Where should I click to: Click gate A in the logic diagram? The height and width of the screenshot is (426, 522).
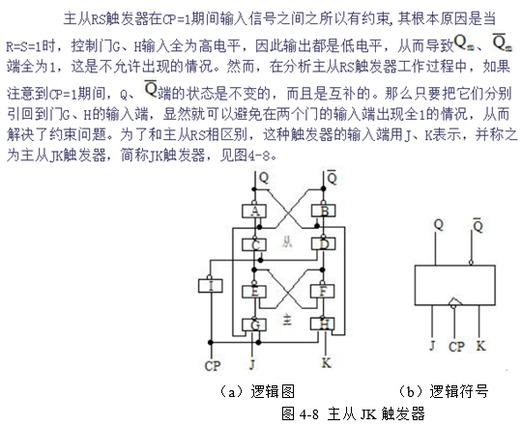pos(254,211)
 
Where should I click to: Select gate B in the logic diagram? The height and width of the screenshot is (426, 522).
pos(323,211)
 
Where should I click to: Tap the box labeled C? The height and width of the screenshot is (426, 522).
pos(254,244)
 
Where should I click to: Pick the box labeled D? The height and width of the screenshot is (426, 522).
pos(323,244)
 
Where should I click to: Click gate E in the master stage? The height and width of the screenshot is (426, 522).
pos(254,292)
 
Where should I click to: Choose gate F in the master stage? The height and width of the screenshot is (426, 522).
pos(323,292)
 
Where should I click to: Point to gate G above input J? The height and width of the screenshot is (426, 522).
pos(254,325)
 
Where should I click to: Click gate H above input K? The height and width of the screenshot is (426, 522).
pos(323,324)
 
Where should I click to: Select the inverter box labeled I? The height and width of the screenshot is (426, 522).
pos(211,286)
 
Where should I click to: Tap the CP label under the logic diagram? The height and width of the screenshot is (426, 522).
pos(213,366)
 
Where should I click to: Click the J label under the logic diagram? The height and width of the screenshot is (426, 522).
pos(252,364)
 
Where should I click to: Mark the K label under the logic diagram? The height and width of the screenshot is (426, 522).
pos(327,363)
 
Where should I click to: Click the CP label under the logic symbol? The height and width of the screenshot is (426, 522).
pos(456,347)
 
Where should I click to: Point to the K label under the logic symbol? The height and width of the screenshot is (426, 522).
pos(480,346)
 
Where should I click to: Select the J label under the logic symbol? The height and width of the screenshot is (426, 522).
pos(432,346)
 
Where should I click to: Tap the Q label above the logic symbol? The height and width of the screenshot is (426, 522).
pos(439,225)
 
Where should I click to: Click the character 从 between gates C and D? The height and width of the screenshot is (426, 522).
pos(287,242)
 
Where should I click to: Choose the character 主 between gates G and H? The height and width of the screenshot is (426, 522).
pos(287,320)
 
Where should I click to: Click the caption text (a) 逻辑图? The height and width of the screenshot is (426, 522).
pos(256,391)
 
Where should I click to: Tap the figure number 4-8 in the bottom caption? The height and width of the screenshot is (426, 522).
pos(309,414)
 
